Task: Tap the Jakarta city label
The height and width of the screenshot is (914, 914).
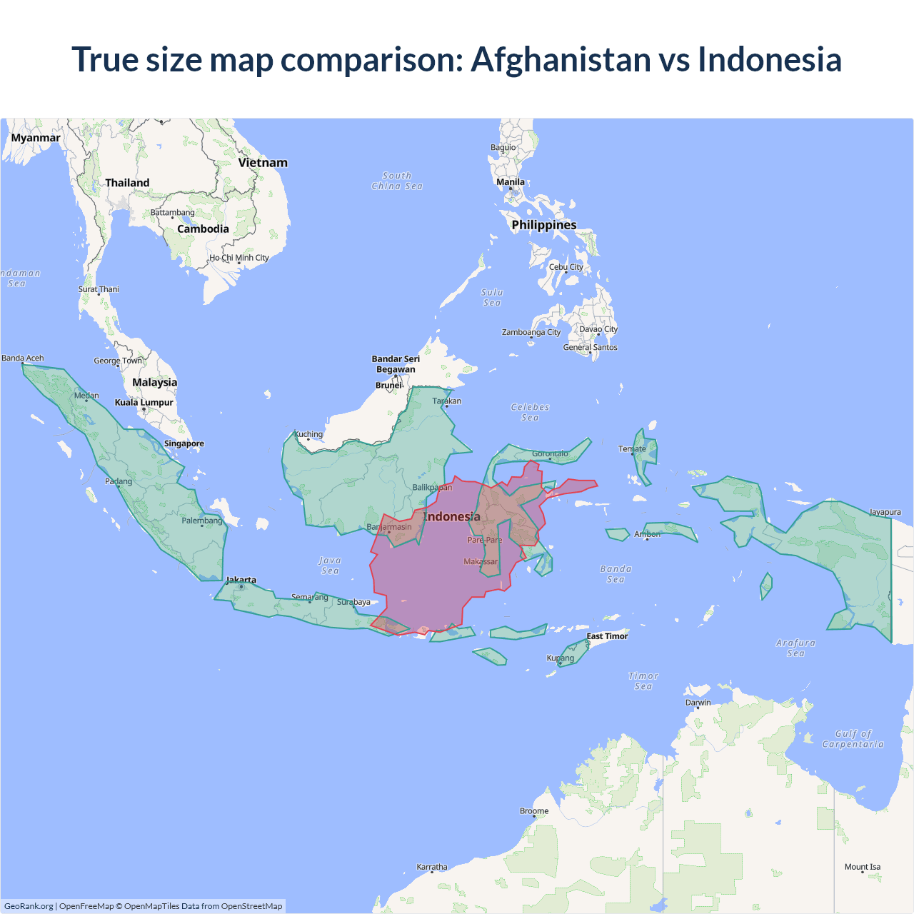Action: click(x=241, y=580)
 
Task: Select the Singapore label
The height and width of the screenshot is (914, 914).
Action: click(x=184, y=443)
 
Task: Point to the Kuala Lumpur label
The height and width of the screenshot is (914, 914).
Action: click(x=144, y=403)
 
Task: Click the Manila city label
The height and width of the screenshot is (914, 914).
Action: click(x=511, y=182)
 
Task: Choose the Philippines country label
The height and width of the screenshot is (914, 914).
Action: click(x=544, y=225)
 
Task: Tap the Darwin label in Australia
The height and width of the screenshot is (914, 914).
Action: click(x=698, y=703)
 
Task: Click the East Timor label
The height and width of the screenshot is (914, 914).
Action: click(x=608, y=636)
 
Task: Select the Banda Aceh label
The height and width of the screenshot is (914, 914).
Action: click(x=23, y=358)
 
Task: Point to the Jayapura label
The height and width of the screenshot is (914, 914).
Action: click(x=885, y=512)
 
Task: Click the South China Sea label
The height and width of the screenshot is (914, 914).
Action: click(x=397, y=181)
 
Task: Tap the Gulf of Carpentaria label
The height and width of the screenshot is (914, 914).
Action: click(x=853, y=739)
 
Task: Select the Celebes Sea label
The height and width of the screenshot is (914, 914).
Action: click(x=531, y=412)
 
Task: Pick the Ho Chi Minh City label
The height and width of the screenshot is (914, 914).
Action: click(x=239, y=258)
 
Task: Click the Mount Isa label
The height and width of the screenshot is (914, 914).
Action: click(x=863, y=867)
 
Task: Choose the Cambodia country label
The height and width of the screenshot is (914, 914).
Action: click(x=204, y=229)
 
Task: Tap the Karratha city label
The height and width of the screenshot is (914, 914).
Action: click(x=432, y=867)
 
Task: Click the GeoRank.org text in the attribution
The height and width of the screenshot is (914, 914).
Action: click(x=29, y=906)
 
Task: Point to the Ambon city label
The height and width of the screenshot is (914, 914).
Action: click(x=648, y=534)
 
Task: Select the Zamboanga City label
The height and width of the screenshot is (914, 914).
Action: click(x=531, y=332)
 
